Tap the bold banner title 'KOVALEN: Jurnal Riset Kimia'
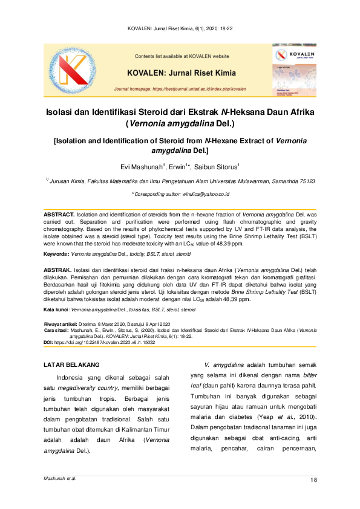pos(182,71)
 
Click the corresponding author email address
pos(201,194)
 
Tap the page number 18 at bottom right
pos(313,480)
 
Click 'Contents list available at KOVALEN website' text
pos(182,56)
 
